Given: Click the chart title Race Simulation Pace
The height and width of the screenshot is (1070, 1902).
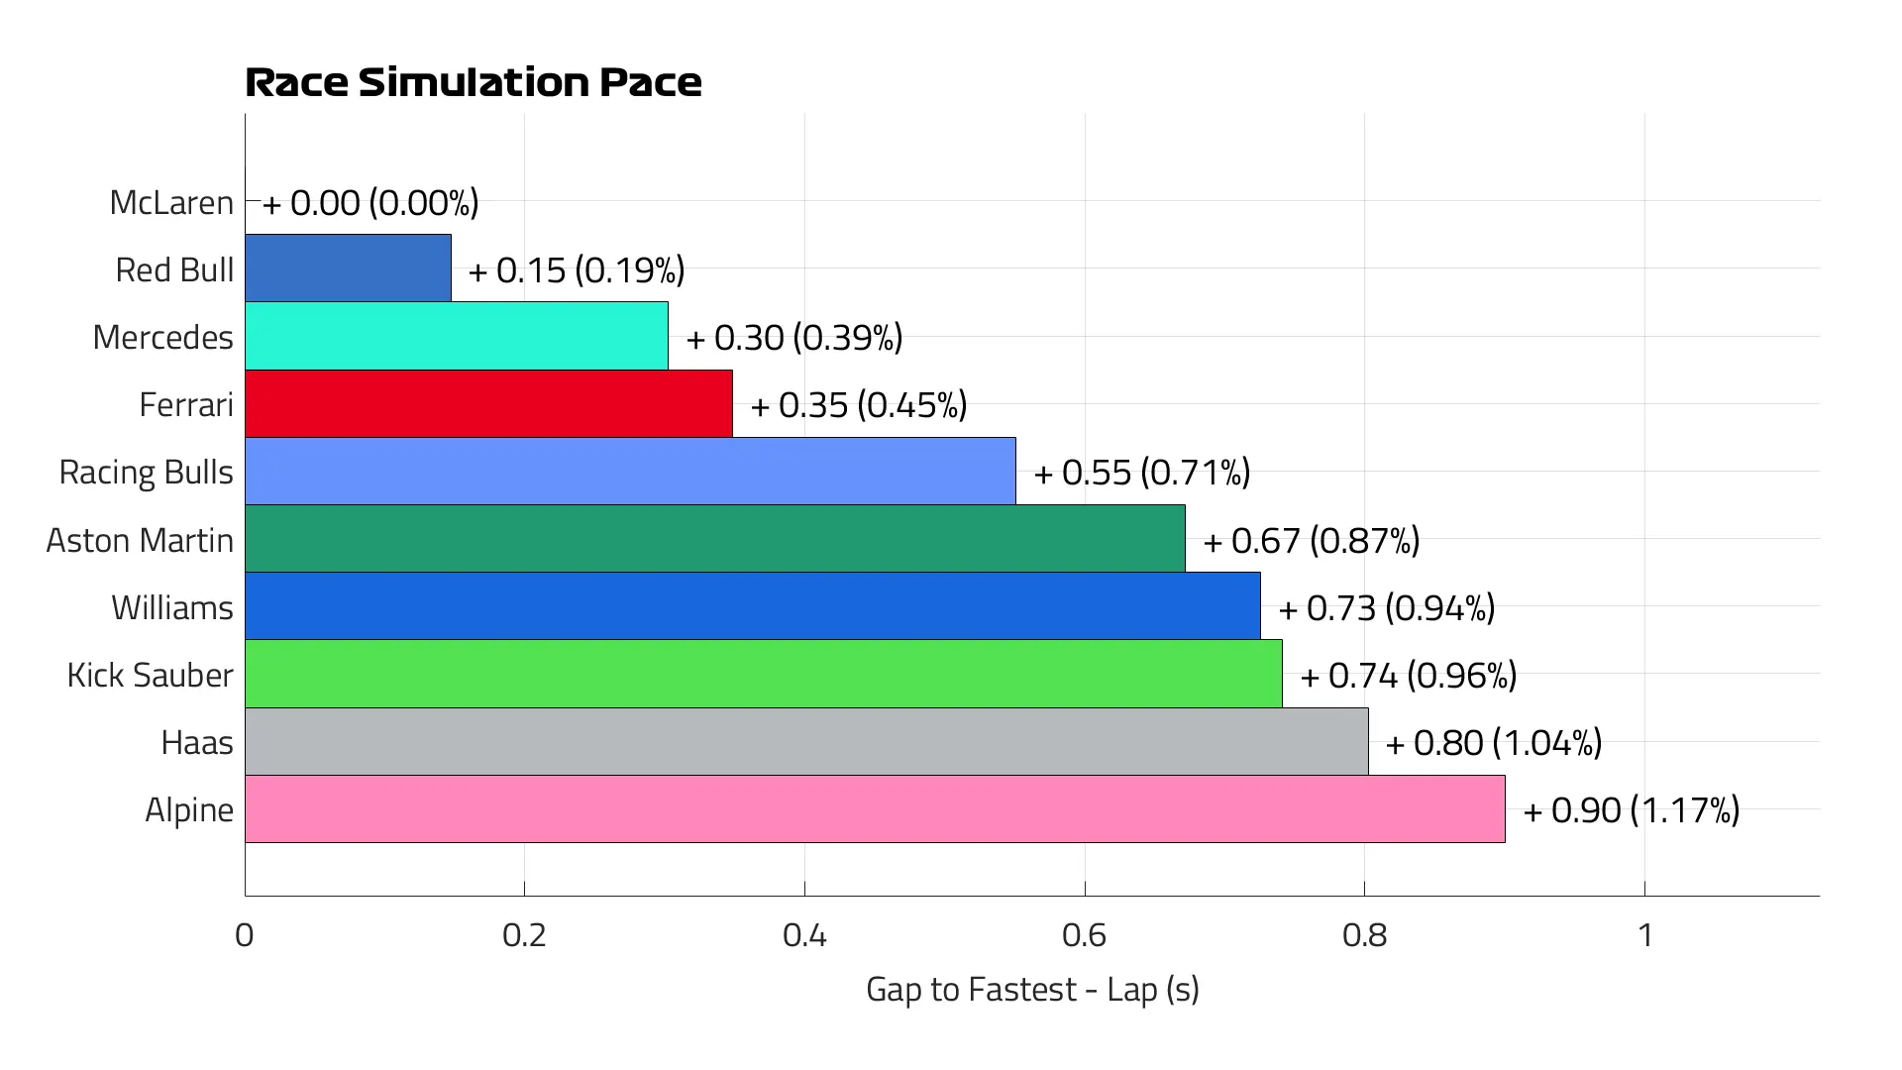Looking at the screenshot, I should coord(473,82).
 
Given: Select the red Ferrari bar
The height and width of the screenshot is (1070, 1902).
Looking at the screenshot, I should coord(488,404).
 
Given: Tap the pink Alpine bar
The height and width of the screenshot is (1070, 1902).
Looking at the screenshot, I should coord(875,809).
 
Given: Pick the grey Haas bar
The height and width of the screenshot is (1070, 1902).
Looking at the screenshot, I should coord(806,742).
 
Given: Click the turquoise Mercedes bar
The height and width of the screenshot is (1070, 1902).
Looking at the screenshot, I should coord(457,337).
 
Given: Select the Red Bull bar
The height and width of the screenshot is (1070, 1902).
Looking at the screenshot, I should coord(348,268).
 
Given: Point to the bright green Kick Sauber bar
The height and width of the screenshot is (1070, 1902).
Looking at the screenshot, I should coord(764,675).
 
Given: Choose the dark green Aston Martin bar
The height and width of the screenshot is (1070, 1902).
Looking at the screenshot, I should coord(715,539).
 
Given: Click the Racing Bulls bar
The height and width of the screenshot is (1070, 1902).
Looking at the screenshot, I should coord(630,472).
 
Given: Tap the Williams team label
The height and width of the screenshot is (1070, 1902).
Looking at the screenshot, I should coord(172,607).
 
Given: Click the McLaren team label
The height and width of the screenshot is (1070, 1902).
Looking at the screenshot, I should coord(171,202).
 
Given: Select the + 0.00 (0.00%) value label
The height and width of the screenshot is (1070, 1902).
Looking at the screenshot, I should coord(370,203).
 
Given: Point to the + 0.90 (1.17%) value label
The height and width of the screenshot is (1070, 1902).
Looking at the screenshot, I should coord(1632,810).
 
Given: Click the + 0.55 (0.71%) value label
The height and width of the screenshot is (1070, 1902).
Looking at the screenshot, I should coord(1142,473).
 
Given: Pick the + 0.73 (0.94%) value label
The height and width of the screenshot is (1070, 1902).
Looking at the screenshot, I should coord(1387,608).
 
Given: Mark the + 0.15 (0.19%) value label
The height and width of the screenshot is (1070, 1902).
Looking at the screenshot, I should coord(577,270).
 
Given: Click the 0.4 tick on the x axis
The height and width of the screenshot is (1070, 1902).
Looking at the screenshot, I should coord(804,935).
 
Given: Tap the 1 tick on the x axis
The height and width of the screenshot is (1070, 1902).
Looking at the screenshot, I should coord(1645,935).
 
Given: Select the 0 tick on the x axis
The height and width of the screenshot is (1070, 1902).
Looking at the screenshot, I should coord(245,935).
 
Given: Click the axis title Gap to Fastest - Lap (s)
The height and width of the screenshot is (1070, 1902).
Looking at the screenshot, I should coord(1032,990).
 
